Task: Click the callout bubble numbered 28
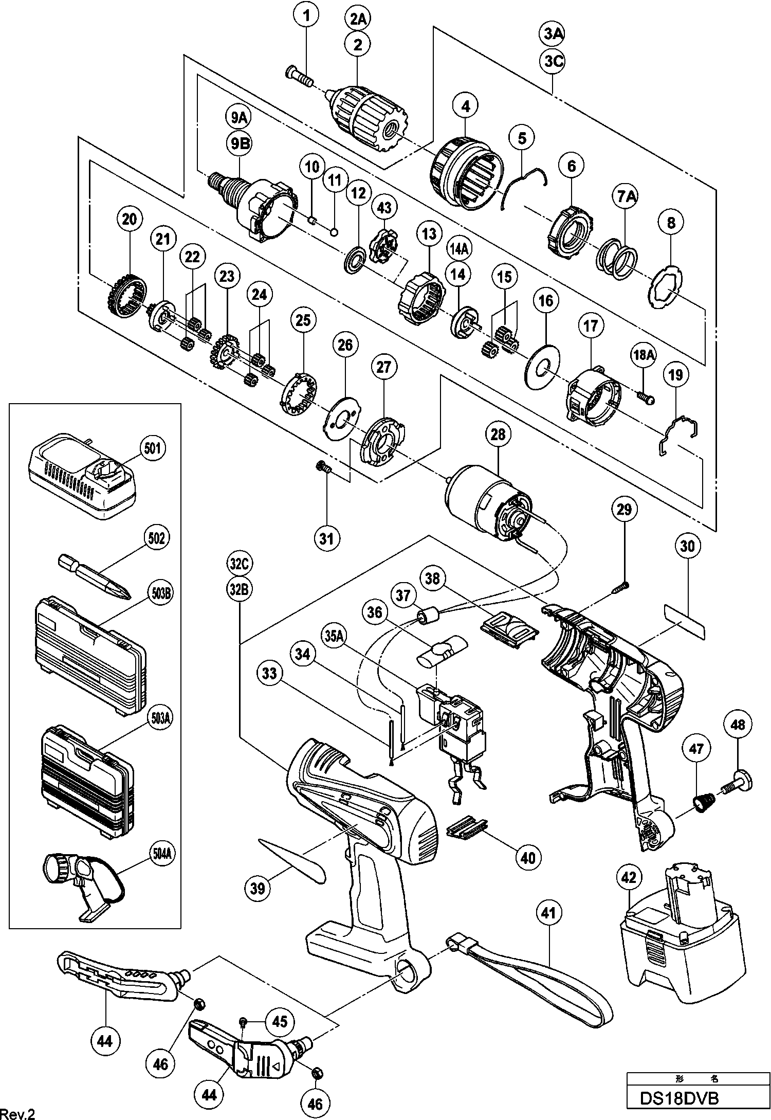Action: coord(498,435)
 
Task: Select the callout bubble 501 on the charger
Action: coord(154,448)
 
